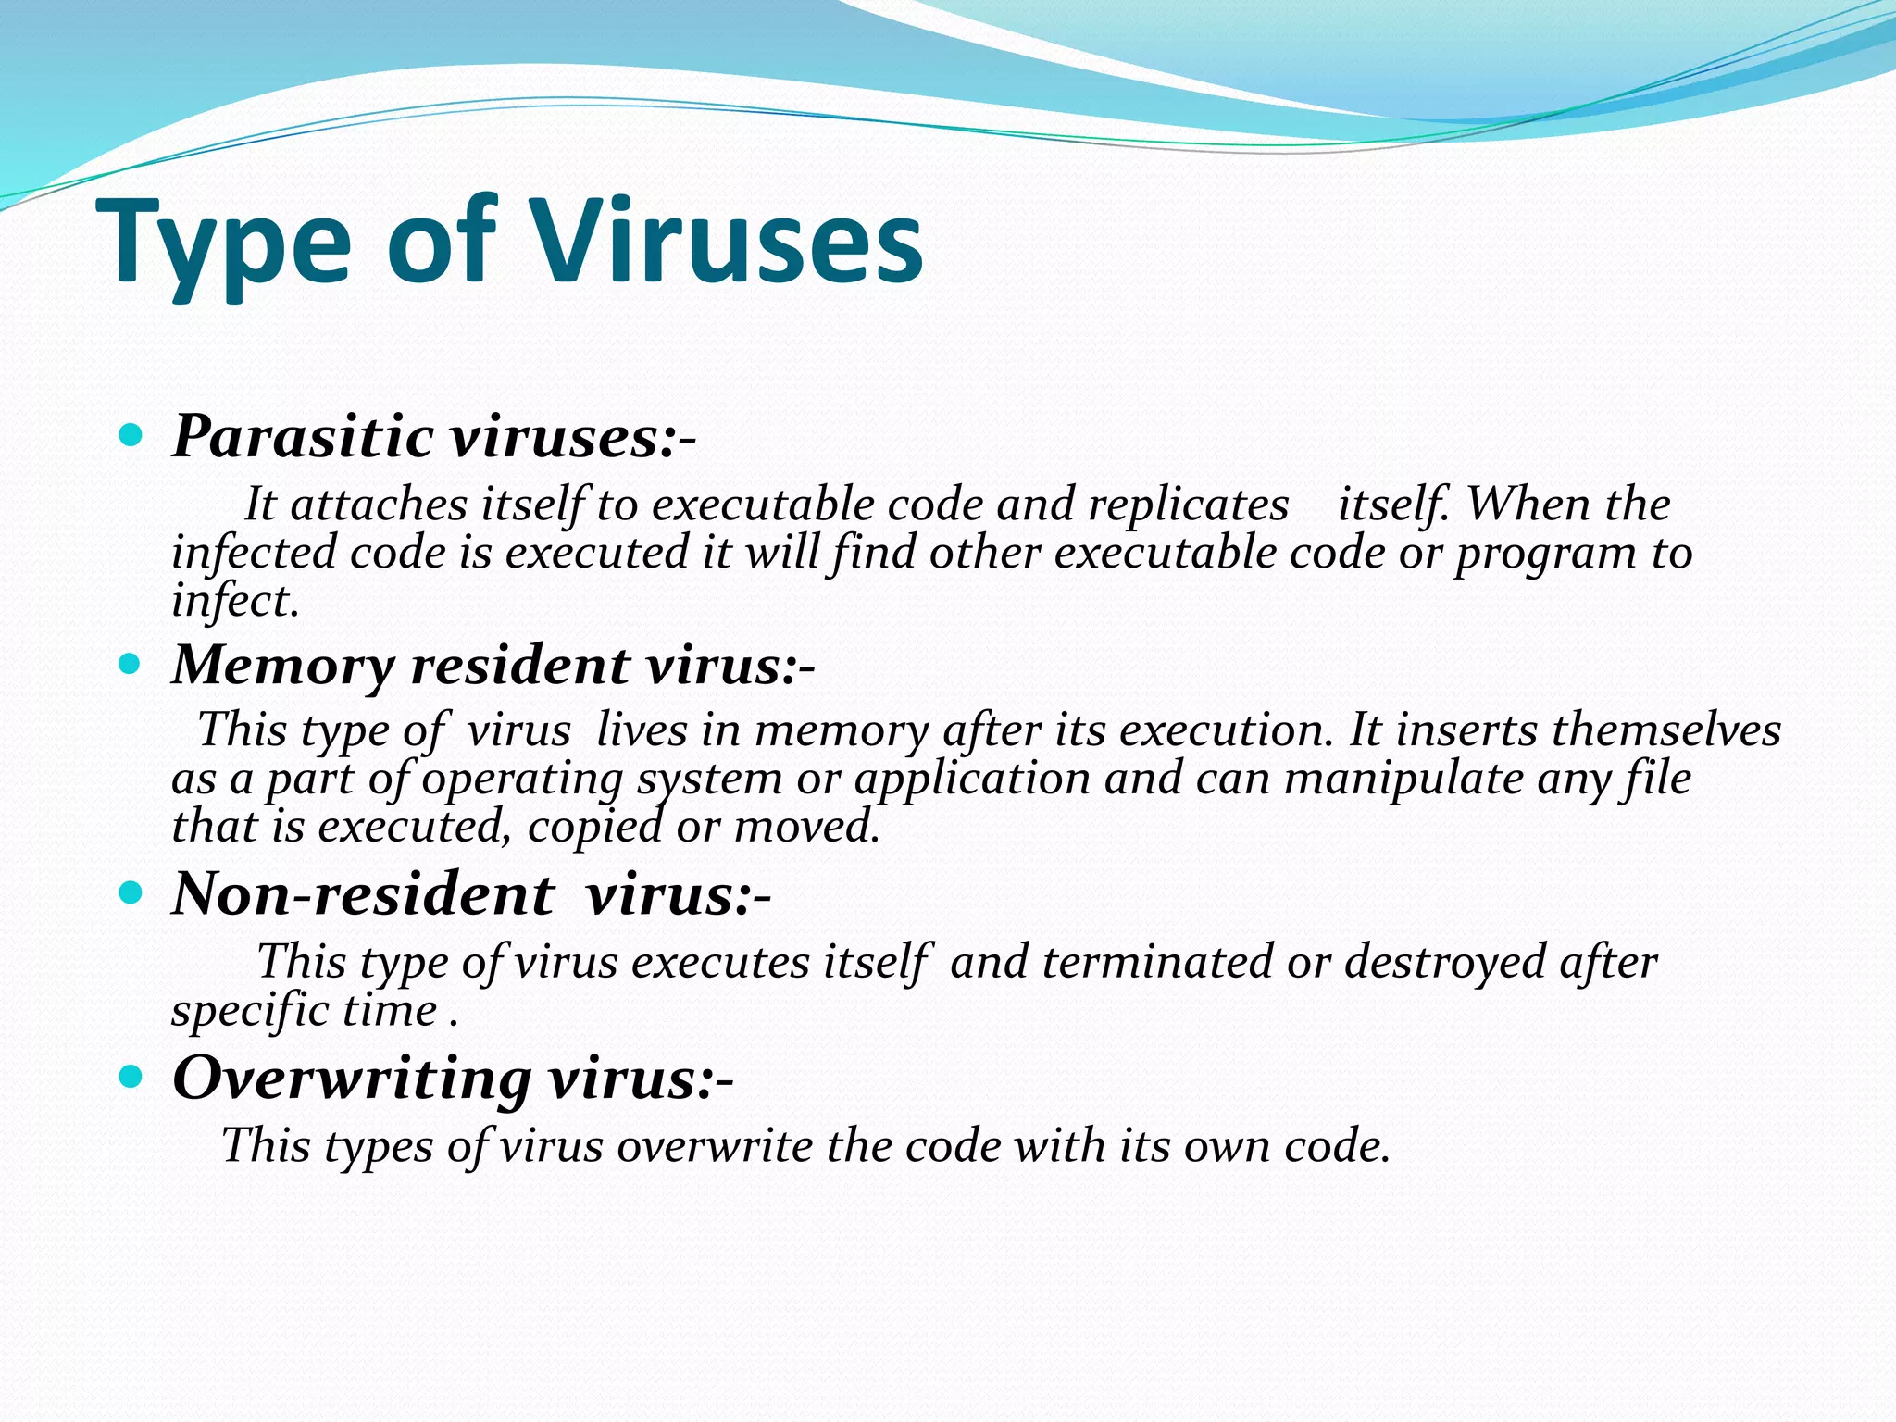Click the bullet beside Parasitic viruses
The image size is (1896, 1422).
pyautogui.click(x=131, y=435)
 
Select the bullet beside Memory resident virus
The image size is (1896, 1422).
pyautogui.click(x=131, y=664)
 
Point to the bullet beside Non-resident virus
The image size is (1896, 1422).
pyautogui.click(x=131, y=893)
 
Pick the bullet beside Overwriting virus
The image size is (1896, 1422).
pyautogui.click(x=131, y=1077)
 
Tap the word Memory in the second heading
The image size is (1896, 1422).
pyautogui.click(x=283, y=667)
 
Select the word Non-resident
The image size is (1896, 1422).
pyautogui.click(x=363, y=895)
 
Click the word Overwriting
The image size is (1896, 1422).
pyautogui.click(x=352, y=1079)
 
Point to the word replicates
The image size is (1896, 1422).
pyautogui.click(x=1188, y=505)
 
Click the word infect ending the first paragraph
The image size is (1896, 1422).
pyautogui.click(x=235, y=602)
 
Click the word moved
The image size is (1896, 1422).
pyautogui.click(x=805, y=827)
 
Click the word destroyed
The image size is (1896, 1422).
pyautogui.click(x=1444, y=962)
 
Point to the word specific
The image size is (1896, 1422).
pyautogui.click(x=251, y=1012)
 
